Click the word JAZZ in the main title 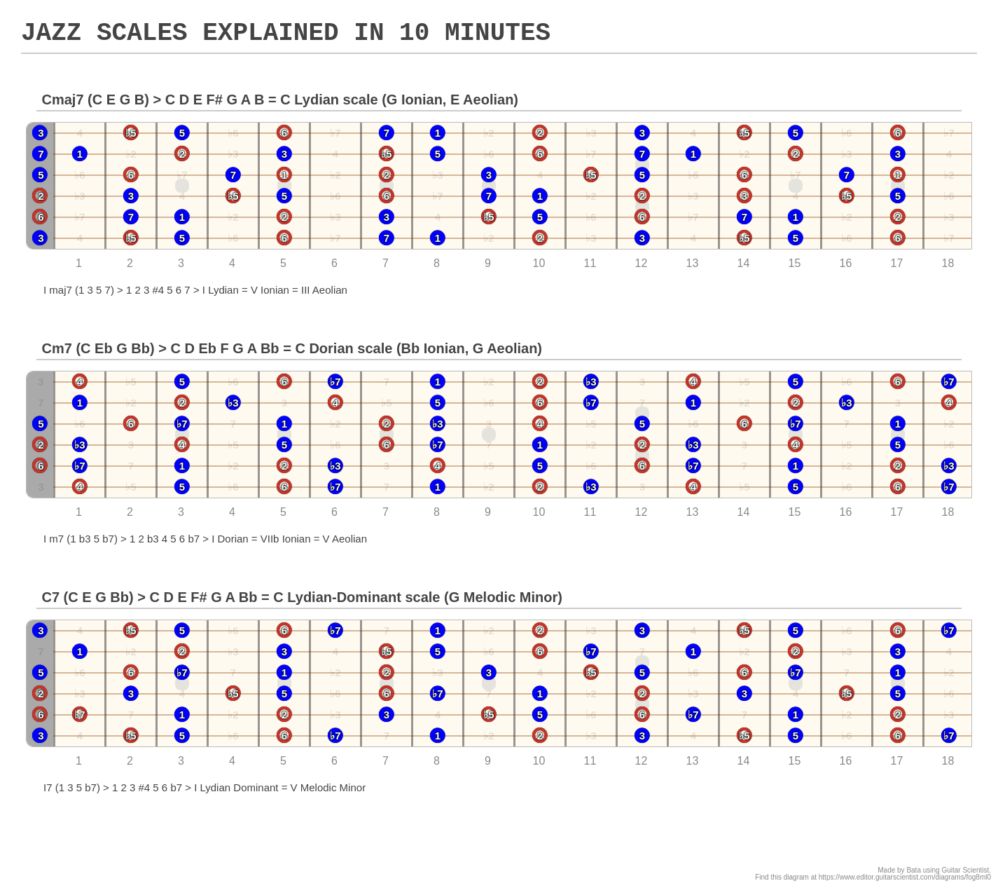(x=50, y=33)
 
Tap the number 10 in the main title (x=414, y=33)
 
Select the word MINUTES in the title (x=497, y=33)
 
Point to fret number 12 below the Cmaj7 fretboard (x=641, y=264)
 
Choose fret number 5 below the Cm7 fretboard (x=283, y=512)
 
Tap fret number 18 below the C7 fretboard (x=948, y=761)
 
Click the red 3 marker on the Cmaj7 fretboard (x=744, y=196)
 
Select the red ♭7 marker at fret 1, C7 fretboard (x=79, y=715)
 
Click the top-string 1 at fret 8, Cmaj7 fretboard (x=437, y=133)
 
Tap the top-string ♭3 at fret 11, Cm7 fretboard (x=590, y=382)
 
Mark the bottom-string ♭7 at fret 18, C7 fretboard (x=948, y=736)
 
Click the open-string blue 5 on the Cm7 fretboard (x=40, y=424)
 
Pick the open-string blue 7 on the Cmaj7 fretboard (x=40, y=154)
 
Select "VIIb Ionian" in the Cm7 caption (x=279, y=539)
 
